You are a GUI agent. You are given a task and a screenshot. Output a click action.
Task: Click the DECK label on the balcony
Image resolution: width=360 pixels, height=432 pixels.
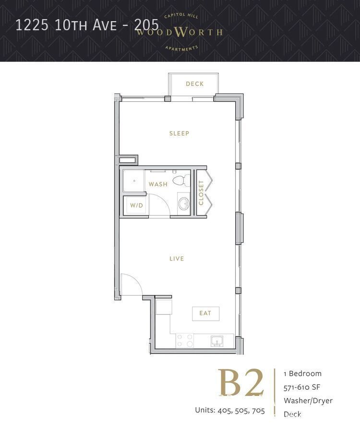pos(195,84)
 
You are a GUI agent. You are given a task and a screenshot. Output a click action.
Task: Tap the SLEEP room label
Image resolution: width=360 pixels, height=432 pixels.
pos(179,133)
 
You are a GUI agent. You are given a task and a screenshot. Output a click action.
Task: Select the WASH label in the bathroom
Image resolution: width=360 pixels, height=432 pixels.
pos(158,184)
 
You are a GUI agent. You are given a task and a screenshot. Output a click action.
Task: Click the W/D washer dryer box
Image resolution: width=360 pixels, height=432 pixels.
pos(135,205)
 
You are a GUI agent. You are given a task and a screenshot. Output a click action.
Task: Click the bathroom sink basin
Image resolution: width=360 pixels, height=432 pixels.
pos(183,204)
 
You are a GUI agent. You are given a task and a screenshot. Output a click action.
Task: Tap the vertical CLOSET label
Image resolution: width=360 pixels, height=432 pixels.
pos(201,192)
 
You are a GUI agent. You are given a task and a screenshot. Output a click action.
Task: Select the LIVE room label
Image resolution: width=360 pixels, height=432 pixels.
pos(177,259)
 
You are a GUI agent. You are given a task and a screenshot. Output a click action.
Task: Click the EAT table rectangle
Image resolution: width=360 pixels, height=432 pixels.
pos(205,313)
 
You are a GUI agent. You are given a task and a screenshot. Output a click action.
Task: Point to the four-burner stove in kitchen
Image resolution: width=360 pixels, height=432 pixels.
pos(185,341)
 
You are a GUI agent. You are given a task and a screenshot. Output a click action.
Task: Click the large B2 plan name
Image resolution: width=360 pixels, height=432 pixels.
pos(241,384)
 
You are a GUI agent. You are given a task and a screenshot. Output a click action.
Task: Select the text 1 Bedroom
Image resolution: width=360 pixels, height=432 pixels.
pos(302,373)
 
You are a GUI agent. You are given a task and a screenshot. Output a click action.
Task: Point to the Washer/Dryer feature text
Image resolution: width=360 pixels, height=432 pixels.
pos(308,400)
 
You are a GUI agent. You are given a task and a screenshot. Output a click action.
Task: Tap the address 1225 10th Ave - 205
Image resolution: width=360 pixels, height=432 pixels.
pos(87,25)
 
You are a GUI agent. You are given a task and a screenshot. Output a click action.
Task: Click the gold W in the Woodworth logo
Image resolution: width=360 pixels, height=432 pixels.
pos(180,32)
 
